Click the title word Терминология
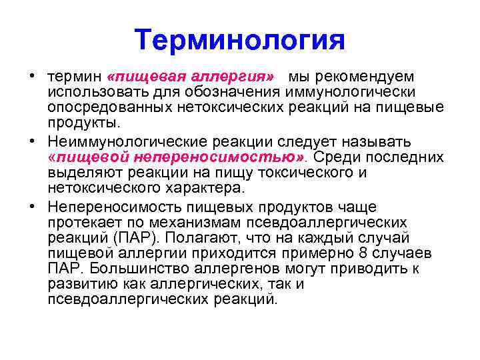[x=239, y=41]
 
